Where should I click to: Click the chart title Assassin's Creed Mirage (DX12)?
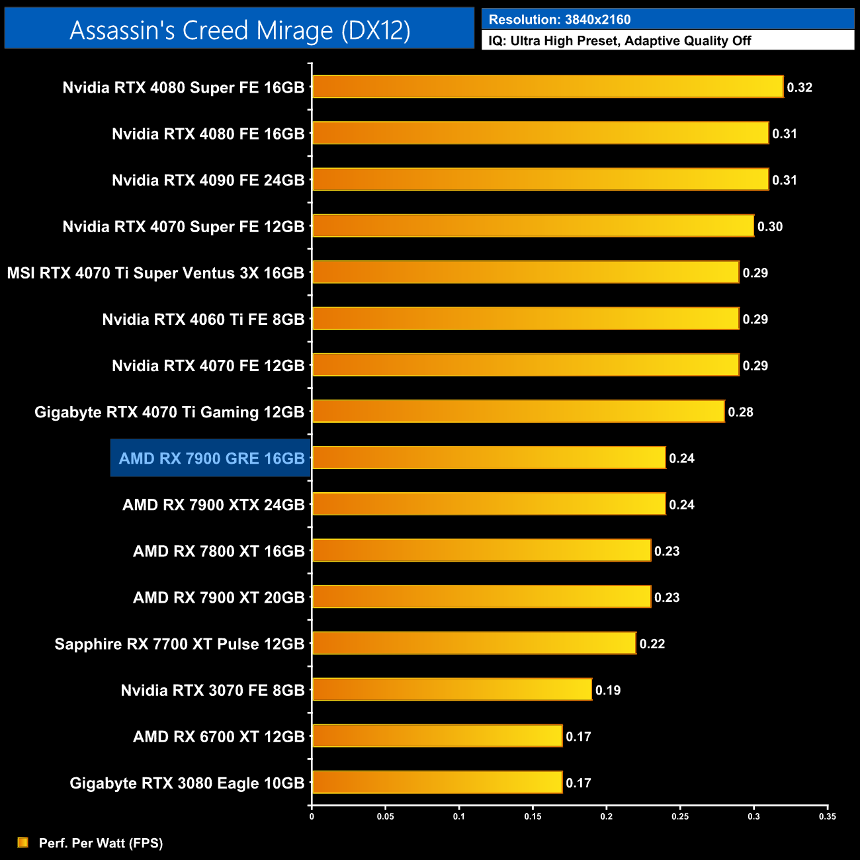coord(239,30)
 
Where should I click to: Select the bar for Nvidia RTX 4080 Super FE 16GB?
coord(548,87)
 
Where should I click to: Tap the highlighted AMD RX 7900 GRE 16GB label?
coord(211,458)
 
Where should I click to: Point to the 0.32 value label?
coord(799,87)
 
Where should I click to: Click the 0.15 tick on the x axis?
coord(533,816)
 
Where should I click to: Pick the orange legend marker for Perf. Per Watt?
coord(23,842)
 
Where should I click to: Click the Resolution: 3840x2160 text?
coord(560,20)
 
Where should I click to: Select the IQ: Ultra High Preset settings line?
coord(620,41)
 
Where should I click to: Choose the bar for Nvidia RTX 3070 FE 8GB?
coord(452,690)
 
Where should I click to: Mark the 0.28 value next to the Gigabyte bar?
coord(740,412)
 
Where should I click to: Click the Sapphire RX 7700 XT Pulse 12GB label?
coord(179,644)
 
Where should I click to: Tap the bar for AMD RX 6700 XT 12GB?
coord(437,736)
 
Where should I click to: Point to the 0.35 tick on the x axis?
coord(828,816)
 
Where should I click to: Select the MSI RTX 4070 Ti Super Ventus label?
coord(155,273)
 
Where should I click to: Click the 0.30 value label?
coord(770,227)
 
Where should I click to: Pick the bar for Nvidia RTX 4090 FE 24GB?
coord(540,180)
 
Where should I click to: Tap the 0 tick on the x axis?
coord(312,816)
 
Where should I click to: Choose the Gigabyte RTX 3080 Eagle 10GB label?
coord(187,783)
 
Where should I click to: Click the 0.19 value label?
coord(608,691)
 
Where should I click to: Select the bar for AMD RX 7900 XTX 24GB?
coord(489,505)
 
